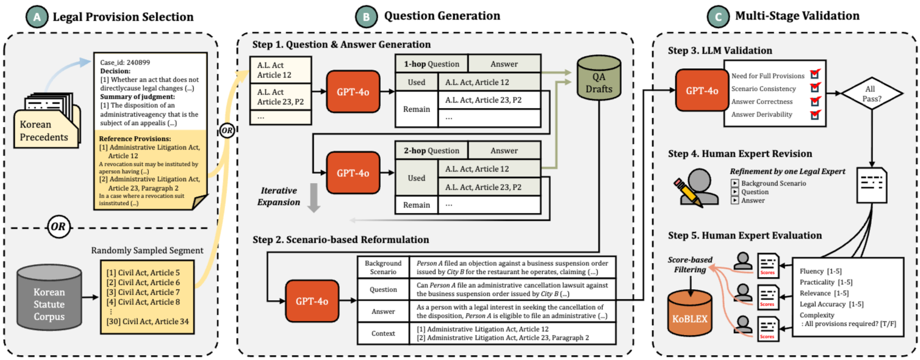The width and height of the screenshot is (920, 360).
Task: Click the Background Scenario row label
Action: point(383,266)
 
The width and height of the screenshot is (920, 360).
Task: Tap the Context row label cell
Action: point(383,334)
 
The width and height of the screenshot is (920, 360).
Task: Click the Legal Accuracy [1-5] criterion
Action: point(831,304)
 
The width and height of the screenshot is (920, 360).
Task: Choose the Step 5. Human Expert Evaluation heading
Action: point(745,236)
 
